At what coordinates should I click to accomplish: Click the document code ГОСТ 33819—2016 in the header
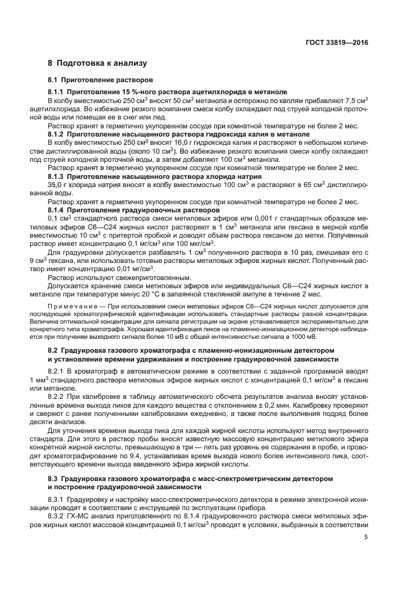point(338,42)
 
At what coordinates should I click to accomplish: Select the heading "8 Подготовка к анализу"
point(97,64)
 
